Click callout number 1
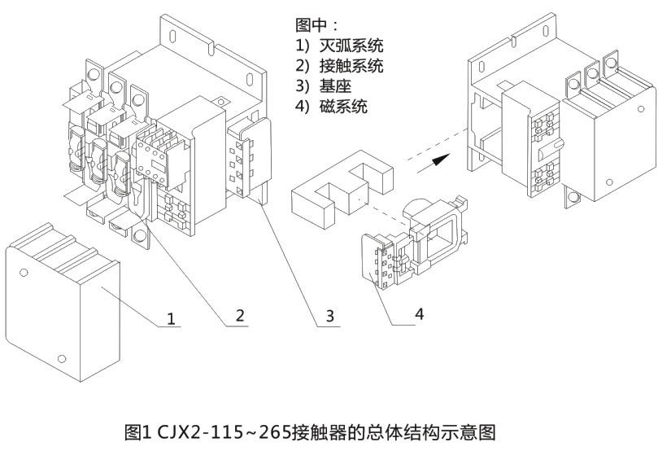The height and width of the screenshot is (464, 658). (171, 317)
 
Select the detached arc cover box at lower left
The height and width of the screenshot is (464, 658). (63, 305)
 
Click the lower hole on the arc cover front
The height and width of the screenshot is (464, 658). (62, 359)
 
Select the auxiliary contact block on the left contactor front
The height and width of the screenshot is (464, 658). (150, 153)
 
